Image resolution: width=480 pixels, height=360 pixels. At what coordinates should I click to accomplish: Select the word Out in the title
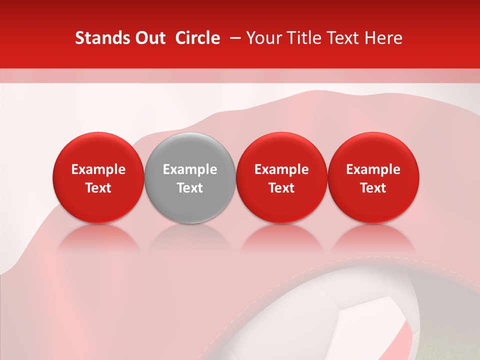[149, 38]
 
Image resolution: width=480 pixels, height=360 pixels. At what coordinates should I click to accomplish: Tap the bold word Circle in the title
[197, 38]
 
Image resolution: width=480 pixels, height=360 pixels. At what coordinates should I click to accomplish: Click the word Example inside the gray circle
[190, 169]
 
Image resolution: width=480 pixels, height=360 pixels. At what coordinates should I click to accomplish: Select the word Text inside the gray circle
[190, 188]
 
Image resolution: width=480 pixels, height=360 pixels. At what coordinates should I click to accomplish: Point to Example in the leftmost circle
[98, 169]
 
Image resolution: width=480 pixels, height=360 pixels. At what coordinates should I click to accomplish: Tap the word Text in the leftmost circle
[98, 188]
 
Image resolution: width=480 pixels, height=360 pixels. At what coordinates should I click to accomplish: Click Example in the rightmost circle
[373, 169]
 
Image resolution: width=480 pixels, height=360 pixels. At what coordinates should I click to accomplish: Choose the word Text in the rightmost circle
[373, 188]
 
